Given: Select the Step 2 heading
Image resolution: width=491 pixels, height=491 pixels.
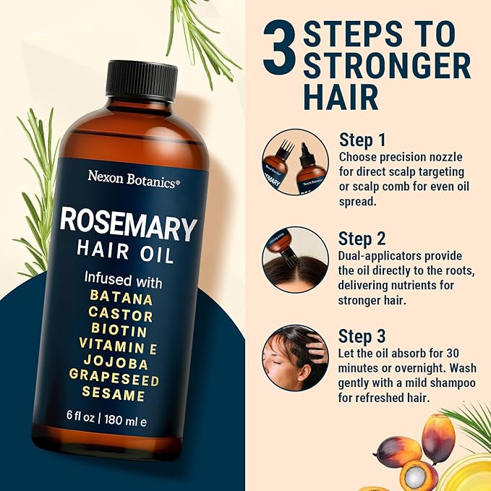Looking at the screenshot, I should pyautogui.click(x=362, y=238).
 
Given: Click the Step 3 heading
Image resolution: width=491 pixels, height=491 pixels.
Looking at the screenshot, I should pyautogui.click(x=362, y=336).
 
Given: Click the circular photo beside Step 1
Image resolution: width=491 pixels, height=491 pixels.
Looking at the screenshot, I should pyautogui.click(x=295, y=163).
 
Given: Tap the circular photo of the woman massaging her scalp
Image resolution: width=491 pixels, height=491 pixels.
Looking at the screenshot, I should pyautogui.click(x=295, y=358).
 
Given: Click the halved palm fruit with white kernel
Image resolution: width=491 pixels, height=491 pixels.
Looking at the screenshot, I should pyautogui.click(x=416, y=475).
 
